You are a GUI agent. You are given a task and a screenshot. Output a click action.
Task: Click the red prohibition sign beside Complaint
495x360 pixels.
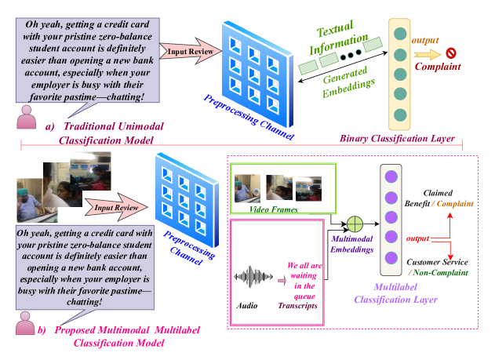click(451, 53)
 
